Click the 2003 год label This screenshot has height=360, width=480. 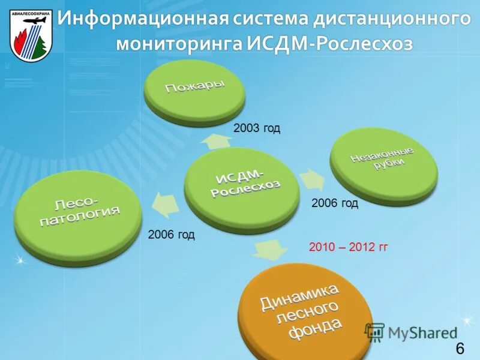(257, 128)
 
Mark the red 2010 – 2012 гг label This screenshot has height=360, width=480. (348, 247)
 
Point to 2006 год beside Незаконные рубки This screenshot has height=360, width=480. (335, 203)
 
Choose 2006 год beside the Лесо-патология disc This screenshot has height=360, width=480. (171, 235)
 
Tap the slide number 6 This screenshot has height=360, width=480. (460, 349)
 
